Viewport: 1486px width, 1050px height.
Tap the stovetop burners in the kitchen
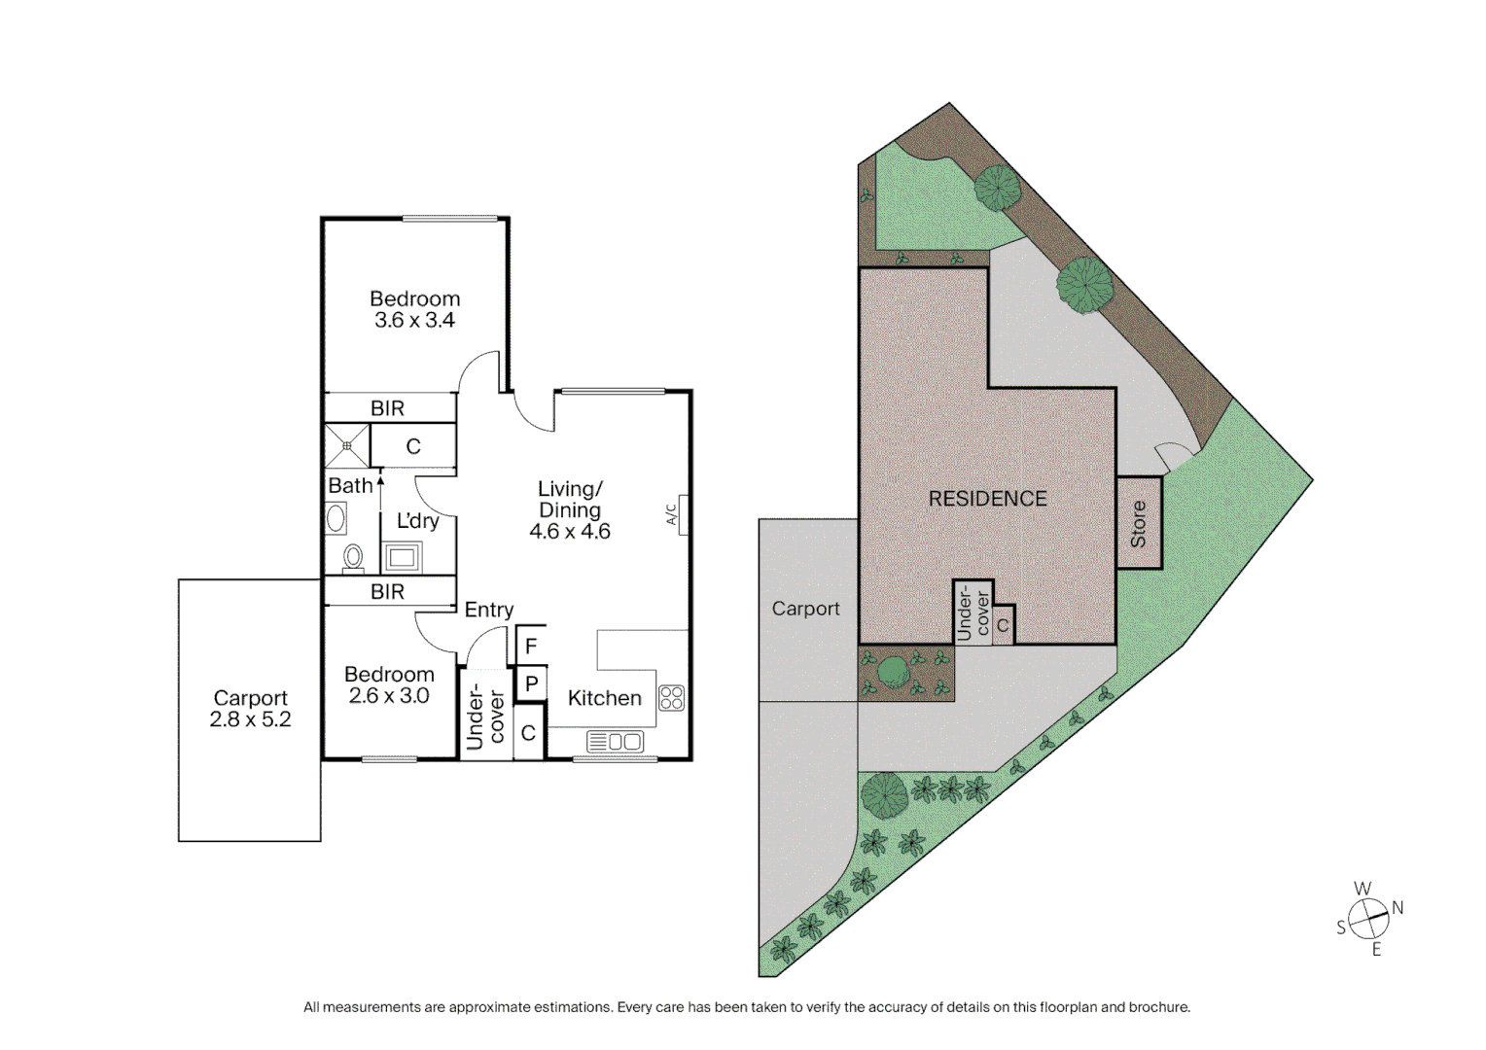click(672, 697)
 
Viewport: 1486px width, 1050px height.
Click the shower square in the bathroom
click(347, 446)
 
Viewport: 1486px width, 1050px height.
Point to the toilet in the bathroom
click(353, 558)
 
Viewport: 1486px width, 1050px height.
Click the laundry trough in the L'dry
click(403, 557)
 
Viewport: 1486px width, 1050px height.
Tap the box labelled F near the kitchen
click(531, 646)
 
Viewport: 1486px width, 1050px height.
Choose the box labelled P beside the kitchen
click(531, 684)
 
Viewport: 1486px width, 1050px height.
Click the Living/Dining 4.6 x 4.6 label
click(570, 510)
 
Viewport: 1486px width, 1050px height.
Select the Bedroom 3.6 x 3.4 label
click(415, 309)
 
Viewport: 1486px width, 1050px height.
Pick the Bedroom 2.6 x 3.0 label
click(389, 684)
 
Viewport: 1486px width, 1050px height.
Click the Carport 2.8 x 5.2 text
click(250, 709)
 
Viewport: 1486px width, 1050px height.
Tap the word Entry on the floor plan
click(488, 610)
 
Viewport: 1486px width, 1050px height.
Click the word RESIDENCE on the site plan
click(987, 499)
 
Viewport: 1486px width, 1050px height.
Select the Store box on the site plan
click(1139, 523)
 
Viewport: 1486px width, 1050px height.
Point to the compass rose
click(1368, 917)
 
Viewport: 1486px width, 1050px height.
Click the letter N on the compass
click(1398, 908)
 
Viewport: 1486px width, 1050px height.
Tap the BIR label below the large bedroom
click(387, 408)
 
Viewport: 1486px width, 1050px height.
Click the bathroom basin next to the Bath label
click(336, 518)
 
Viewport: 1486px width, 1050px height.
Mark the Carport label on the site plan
click(805, 609)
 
